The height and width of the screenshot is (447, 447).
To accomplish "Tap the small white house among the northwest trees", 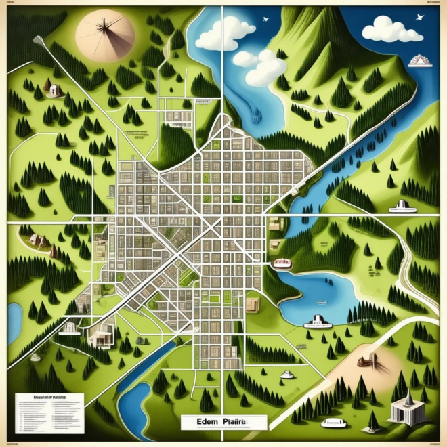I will coord(49,86).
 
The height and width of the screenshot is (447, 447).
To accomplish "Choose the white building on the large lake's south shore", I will coord(318,322).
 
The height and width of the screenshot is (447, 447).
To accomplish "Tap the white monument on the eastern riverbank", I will coord(403,205).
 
